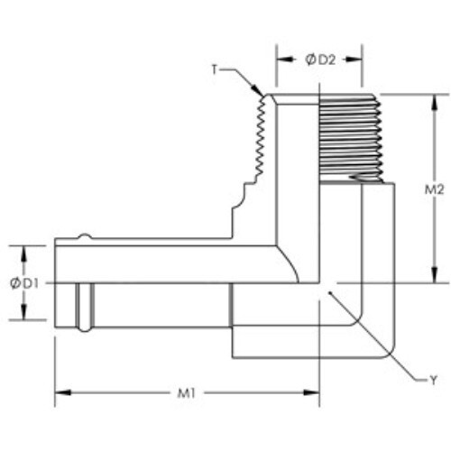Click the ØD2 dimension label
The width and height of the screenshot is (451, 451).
320,60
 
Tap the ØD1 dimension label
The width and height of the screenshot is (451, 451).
24,283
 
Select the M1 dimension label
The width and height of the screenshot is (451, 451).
187,393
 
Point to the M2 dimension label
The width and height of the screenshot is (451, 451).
434,189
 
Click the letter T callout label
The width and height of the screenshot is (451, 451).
214,69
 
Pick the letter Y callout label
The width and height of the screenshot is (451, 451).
433,381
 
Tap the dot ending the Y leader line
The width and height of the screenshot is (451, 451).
330,292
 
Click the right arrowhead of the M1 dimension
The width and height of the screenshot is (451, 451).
311,392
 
